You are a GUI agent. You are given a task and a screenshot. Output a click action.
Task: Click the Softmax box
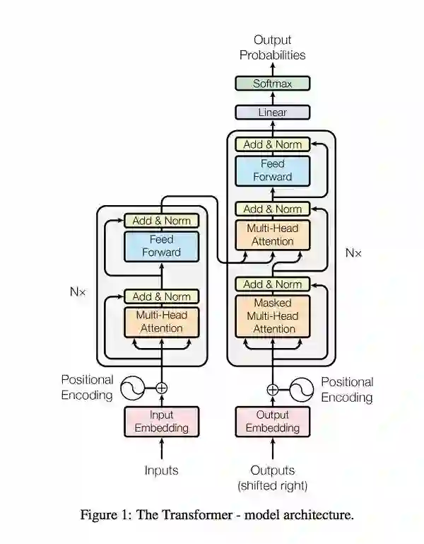[272, 84]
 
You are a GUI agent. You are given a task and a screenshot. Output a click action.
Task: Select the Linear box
[272, 112]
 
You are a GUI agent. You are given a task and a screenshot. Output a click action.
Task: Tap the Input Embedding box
[162, 421]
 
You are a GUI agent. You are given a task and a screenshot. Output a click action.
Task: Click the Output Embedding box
[272, 421]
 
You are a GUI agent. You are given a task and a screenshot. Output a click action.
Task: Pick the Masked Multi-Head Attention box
[272, 316]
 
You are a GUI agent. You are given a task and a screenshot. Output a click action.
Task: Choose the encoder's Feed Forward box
[162, 246]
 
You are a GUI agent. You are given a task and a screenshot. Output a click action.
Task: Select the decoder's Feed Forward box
[272, 170]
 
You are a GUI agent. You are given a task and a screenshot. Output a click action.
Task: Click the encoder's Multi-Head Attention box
[162, 322]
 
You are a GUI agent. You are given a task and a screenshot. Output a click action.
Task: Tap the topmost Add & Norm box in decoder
[272, 144]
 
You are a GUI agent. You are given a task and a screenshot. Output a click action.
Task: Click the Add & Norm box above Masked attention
[272, 284]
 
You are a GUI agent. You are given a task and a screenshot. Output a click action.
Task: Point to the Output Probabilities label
[272, 47]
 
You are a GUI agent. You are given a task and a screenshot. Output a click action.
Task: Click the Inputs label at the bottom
[162, 470]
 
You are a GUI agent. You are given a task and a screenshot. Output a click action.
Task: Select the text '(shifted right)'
[272, 486]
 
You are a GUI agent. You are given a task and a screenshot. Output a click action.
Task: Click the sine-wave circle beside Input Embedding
[132, 388]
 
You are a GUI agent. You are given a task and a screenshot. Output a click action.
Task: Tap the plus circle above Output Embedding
[272, 388]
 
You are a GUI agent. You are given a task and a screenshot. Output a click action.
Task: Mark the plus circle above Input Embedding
[162, 388]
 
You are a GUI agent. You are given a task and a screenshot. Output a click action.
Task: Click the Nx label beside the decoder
[353, 252]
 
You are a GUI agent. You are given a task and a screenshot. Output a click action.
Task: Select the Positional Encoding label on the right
[347, 389]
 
